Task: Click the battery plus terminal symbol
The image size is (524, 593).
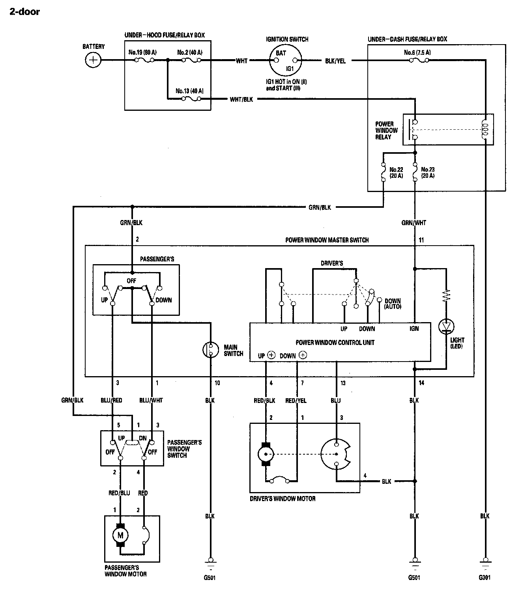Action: [93, 60]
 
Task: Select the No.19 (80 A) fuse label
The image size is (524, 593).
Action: [142, 52]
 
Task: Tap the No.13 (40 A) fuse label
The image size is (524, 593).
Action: [189, 91]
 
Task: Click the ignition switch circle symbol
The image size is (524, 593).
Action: [285, 61]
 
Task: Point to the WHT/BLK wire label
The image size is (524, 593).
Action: [241, 99]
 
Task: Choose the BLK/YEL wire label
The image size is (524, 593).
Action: [335, 61]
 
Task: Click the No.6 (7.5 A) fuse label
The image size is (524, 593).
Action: [417, 52]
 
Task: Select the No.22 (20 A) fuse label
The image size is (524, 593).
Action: [396, 173]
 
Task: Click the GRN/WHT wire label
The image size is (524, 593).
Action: [414, 223]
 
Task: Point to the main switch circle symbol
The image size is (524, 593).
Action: [211, 349]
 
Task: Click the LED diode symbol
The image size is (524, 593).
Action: [446, 326]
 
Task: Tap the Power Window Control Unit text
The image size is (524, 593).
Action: [335, 343]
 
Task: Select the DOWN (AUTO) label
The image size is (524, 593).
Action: [393, 304]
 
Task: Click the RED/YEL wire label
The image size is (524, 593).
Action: [296, 401]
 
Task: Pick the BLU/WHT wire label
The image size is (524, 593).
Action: [151, 400]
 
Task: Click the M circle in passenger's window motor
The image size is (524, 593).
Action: [120, 535]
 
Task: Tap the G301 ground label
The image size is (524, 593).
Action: [485, 578]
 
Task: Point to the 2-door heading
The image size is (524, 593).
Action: [24, 12]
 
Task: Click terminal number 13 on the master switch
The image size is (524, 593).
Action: [343, 383]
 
